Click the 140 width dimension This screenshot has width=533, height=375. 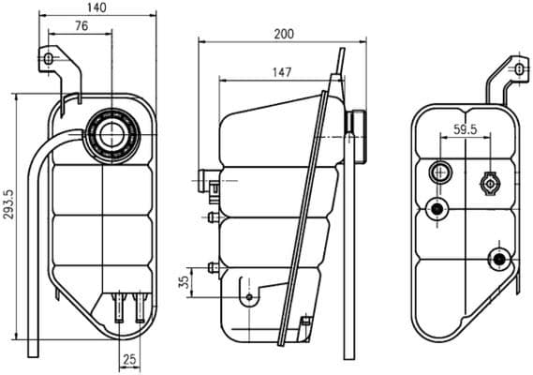[x=96, y=7]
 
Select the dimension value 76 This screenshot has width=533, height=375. [x=81, y=26]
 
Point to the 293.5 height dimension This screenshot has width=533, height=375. [x=7, y=216]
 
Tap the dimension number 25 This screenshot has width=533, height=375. [x=129, y=359]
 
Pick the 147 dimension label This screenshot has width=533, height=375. [x=279, y=71]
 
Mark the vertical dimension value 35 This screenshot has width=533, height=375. [x=185, y=279]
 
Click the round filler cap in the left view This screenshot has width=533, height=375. [x=115, y=134]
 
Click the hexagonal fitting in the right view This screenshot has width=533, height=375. [x=489, y=183]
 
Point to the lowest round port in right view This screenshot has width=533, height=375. [x=498, y=258]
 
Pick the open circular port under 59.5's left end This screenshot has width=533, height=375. [x=439, y=172]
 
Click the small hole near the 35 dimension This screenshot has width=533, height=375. [x=248, y=297]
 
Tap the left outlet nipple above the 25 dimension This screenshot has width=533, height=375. [x=119, y=306]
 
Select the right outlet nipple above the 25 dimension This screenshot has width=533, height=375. [x=140, y=306]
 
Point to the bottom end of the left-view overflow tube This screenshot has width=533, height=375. [x=32, y=352]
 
